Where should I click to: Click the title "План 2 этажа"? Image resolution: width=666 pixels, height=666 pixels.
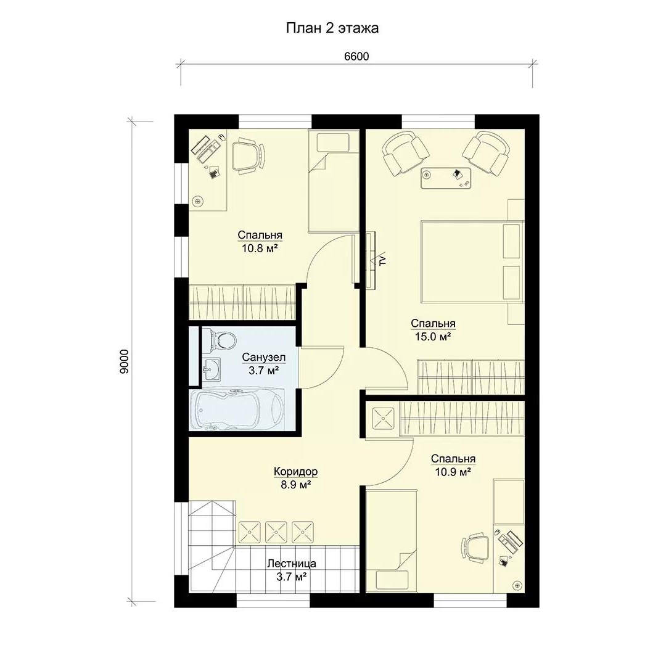332,28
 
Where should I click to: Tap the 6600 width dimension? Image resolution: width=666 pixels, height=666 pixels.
356,57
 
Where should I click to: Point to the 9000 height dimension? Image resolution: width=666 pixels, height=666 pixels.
124,361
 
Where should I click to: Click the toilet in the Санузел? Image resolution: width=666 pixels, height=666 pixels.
220,340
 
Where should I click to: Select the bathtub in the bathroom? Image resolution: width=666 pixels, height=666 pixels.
237,409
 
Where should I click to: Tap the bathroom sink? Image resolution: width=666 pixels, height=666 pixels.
212,369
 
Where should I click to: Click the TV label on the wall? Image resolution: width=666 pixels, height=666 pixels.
382,260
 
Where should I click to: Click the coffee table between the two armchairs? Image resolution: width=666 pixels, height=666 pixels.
446,178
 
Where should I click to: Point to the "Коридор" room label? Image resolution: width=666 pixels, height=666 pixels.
295,472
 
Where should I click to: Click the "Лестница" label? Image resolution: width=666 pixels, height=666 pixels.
291,564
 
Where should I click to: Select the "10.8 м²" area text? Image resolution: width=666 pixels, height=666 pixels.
260,249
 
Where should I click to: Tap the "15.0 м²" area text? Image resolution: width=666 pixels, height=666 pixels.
433,337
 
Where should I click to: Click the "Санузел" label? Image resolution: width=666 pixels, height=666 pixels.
264,357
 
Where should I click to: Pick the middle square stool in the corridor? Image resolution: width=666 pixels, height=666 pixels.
276,532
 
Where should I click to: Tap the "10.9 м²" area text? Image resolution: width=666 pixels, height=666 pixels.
453,472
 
